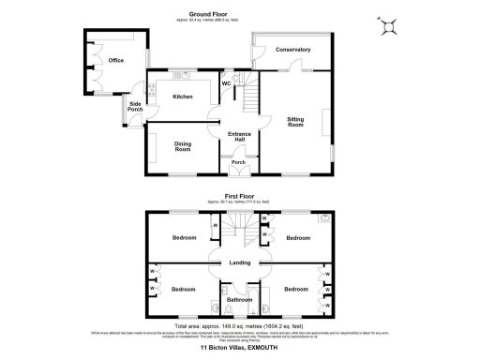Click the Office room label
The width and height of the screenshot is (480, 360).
(116, 60)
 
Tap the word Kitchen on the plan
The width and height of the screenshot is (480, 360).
(183, 97)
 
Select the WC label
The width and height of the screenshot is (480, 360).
(226, 83)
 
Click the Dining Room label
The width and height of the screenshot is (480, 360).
(182, 146)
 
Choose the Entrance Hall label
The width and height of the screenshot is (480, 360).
(239, 137)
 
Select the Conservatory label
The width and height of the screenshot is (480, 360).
(293, 49)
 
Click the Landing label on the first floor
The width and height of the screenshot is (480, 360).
(239, 262)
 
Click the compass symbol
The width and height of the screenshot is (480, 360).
(386, 26)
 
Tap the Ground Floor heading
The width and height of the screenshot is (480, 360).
(212, 14)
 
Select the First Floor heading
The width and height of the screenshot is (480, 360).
(239, 196)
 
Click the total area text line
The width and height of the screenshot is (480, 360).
(239, 325)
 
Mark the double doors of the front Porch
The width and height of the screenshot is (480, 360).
(239, 171)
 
